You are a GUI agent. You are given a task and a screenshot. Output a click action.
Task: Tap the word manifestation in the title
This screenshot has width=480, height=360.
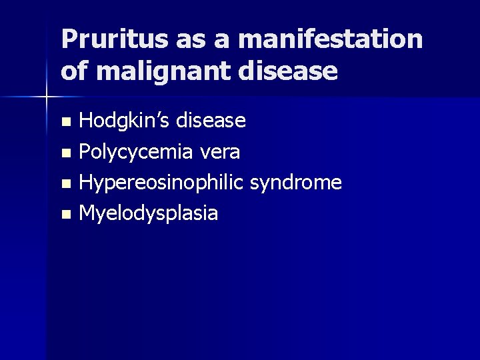click(330, 39)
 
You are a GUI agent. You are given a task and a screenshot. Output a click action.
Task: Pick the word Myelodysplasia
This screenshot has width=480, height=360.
click(148, 213)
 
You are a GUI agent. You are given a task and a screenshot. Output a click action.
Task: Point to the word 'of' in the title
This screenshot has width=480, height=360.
click(73, 70)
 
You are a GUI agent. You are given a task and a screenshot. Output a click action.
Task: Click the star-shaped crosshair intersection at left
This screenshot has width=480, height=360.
click(47, 98)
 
